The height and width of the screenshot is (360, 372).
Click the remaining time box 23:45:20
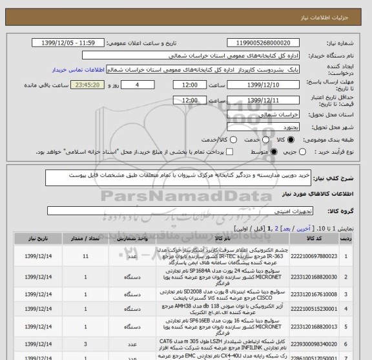[76, 85]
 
